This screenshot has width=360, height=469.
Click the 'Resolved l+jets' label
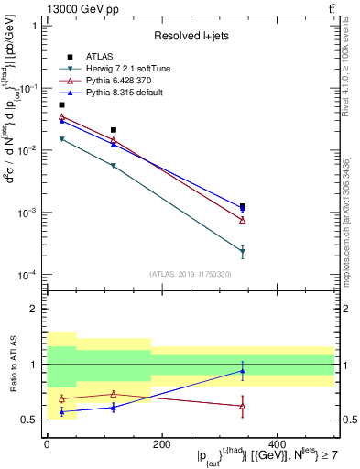pos(191,36)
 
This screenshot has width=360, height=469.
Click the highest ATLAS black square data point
pos(61,105)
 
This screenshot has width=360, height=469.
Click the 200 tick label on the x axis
pos(161,444)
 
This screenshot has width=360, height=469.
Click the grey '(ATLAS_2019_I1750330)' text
pos(191,274)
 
